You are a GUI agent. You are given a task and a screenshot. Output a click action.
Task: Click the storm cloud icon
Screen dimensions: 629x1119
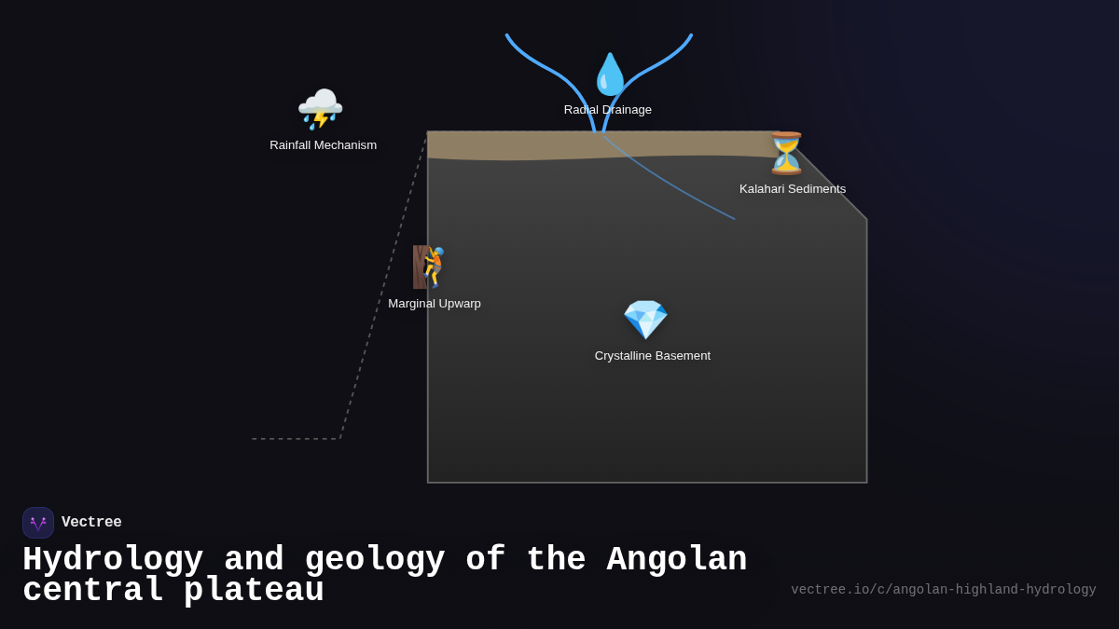click(320, 109)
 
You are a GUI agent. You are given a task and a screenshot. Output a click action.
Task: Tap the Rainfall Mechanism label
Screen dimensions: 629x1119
click(323, 145)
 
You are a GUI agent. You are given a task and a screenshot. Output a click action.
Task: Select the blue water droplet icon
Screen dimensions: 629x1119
click(610, 75)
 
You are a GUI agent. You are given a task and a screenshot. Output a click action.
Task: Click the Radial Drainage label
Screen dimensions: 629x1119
click(607, 110)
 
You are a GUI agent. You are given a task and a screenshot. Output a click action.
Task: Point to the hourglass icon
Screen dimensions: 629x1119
click(785, 154)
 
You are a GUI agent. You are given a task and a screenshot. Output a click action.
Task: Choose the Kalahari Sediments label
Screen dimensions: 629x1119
click(793, 189)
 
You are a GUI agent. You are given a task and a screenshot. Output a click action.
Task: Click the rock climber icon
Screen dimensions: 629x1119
click(430, 267)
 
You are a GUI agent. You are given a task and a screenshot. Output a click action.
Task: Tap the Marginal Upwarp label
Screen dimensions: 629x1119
click(435, 304)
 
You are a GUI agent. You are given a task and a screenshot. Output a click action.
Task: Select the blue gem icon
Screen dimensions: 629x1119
click(645, 320)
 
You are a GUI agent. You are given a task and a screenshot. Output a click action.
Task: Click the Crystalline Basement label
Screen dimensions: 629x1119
click(652, 356)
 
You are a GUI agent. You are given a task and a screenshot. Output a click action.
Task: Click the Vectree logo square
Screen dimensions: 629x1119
click(38, 523)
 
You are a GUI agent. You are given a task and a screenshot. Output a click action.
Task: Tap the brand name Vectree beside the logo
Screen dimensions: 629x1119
click(91, 523)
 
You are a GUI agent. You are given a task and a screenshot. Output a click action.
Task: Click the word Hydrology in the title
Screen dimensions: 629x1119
click(113, 560)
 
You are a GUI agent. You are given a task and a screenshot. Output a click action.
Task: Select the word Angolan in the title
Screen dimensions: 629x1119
click(676, 560)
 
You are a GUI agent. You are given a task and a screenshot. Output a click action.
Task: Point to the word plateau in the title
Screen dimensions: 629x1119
click(254, 591)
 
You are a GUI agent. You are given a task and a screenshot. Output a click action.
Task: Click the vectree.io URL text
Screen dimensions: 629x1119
click(943, 590)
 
